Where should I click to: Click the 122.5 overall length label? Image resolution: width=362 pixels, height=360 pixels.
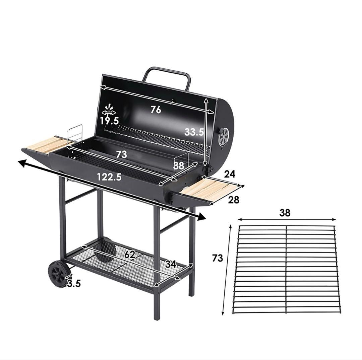pos(109,177)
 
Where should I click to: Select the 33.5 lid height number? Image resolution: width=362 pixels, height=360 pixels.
pos(194,132)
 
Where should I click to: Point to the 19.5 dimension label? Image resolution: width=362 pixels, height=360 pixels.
pos(109,121)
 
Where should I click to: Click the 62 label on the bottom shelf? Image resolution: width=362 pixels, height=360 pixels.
pos(129,255)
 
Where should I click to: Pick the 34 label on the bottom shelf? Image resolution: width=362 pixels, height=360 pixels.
pos(171,264)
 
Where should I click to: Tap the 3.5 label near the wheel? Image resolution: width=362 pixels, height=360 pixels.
pos(74,283)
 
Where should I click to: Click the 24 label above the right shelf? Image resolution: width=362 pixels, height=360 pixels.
pos(230,174)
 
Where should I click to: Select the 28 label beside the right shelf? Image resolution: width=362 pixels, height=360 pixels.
pos(233,200)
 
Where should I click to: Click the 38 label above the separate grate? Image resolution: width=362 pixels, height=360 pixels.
pos(285,213)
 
